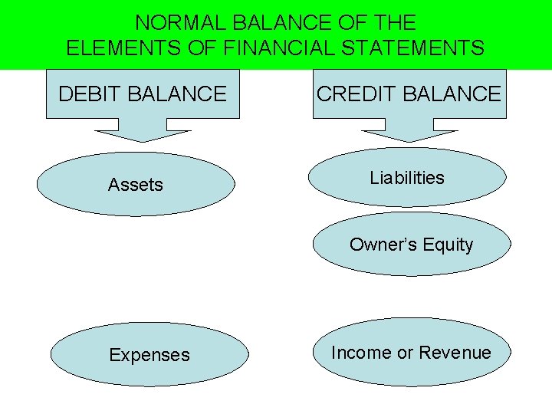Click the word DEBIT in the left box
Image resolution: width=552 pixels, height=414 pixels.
pyautogui.click(x=87, y=94)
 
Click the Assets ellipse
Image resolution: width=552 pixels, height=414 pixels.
pyautogui.click(x=136, y=184)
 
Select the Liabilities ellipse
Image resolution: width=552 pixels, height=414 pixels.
pyautogui.click(x=407, y=178)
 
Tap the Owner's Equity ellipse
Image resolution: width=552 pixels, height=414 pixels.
pyautogui.click(x=412, y=245)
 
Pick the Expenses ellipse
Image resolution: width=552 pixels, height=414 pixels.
pyautogui.click(x=149, y=355)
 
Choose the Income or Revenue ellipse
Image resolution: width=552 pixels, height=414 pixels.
pyautogui.click(x=412, y=353)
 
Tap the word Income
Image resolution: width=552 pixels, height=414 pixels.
pyautogui.click(x=360, y=353)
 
